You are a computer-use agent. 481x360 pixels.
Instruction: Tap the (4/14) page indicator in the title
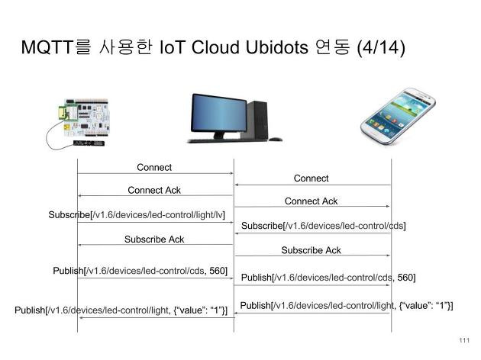tap(381, 48)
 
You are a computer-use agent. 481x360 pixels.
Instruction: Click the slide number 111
tap(464, 340)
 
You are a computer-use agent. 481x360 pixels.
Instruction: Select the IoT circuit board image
tap(78, 124)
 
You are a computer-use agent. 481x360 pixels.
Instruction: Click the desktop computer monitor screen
tap(218, 114)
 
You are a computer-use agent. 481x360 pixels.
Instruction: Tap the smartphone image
tap(399, 116)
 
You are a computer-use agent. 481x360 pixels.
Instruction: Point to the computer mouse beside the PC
tap(276, 140)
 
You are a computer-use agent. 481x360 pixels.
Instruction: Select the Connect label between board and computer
tap(154, 168)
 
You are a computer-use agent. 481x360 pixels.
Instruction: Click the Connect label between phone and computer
tap(311, 178)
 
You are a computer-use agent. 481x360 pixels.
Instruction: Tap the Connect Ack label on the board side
tap(154, 190)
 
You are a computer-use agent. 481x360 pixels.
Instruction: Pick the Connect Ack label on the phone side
tap(311, 201)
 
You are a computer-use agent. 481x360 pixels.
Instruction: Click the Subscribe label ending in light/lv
tap(137, 215)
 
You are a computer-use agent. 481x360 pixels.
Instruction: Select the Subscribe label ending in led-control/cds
tap(323, 226)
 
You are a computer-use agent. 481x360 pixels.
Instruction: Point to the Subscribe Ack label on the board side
tap(154, 239)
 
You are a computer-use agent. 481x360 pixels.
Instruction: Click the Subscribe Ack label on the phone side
tap(311, 250)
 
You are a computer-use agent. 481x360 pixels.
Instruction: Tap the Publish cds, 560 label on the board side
tap(140, 271)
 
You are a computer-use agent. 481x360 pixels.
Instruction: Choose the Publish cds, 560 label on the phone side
tap(328, 278)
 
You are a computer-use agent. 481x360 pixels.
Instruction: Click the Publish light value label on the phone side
tap(347, 306)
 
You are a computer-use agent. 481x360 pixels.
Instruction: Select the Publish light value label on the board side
tap(121, 310)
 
